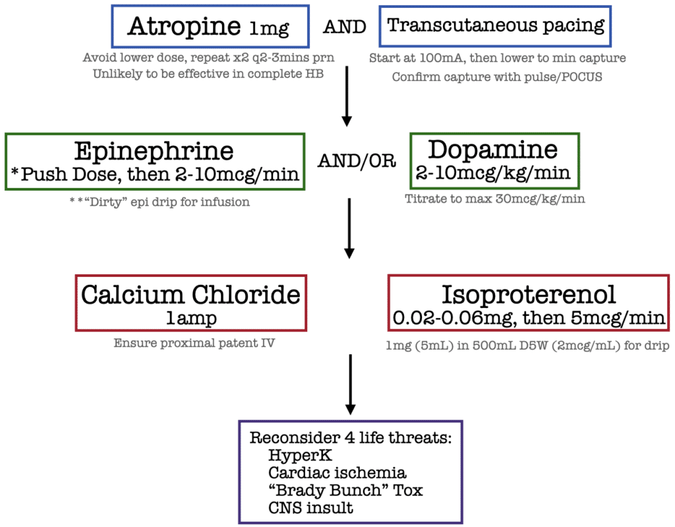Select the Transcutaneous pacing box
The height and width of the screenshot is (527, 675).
[x=495, y=26]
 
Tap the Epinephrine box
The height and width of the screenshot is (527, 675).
[x=154, y=162]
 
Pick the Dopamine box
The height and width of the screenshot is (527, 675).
[x=494, y=161]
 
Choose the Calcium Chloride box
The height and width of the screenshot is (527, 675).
[x=190, y=303]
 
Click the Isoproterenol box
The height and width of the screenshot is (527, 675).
[x=529, y=303]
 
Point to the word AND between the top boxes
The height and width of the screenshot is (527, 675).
[x=344, y=27]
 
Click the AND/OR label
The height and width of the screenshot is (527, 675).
[x=357, y=162]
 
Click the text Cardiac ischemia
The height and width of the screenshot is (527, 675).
[x=337, y=473]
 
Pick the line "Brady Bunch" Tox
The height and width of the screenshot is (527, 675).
[x=345, y=490]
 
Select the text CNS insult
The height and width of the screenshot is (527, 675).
[x=310, y=508]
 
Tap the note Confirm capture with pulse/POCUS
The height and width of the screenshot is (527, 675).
[x=496, y=77]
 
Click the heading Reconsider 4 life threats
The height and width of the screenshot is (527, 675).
[x=351, y=438]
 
